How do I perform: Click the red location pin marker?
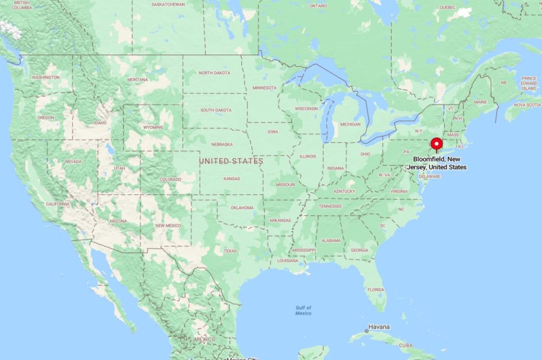(x=437, y=144)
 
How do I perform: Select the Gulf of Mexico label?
(x=303, y=310)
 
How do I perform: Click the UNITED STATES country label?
(x=231, y=160)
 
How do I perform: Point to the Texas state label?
(x=230, y=250)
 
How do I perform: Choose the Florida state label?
(x=376, y=290)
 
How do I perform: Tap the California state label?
(x=58, y=204)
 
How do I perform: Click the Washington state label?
(x=46, y=77)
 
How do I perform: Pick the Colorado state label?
(x=170, y=179)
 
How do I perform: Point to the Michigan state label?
(x=350, y=124)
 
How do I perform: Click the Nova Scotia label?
(x=527, y=105)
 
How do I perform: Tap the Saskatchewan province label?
(x=168, y=4)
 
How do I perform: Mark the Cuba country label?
(x=405, y=345)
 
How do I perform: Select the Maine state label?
(x=480, y=102)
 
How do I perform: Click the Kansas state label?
(x=231, y=178)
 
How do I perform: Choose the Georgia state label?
(x=359, y=250)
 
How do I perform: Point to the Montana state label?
(x=138, y=79)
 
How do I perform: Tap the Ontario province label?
(x=318, y=6)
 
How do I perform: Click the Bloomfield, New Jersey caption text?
(x=440, y=163)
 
